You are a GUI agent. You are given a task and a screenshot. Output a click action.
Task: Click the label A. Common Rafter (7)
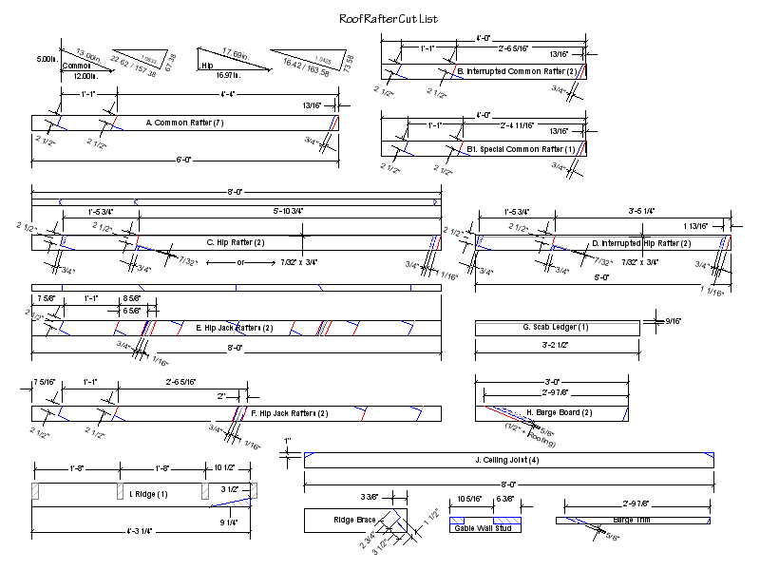point(185,123)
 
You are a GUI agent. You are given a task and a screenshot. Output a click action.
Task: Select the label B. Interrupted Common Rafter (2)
point(517,71)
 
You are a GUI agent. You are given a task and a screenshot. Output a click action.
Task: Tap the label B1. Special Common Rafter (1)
point(521,149)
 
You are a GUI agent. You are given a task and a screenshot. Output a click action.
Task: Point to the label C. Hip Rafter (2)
point(236,243)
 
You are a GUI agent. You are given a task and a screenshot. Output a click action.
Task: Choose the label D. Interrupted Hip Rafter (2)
point(636,243)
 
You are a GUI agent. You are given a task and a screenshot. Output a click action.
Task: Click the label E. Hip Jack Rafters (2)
point(235,328)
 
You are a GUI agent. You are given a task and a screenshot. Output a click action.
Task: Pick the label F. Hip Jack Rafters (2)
point(290,413)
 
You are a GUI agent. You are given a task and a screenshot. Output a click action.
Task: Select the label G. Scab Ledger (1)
point(556,328)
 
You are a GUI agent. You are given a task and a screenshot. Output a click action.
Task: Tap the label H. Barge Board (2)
point(559,412)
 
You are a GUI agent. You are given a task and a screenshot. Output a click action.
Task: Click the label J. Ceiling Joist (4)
point(507,461)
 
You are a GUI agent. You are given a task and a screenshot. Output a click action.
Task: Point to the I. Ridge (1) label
point(148,494)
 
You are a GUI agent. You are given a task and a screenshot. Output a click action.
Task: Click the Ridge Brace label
point(354,521)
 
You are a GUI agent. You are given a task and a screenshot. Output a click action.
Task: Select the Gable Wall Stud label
point(484,528)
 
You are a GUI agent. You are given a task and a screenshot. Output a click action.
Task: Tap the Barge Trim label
point(632,521)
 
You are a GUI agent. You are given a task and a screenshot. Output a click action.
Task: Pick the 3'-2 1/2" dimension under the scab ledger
point(557,348)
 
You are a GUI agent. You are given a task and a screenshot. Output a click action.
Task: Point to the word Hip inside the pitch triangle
point(207,66)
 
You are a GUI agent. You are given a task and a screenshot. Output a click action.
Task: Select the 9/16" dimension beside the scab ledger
point(673,321)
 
